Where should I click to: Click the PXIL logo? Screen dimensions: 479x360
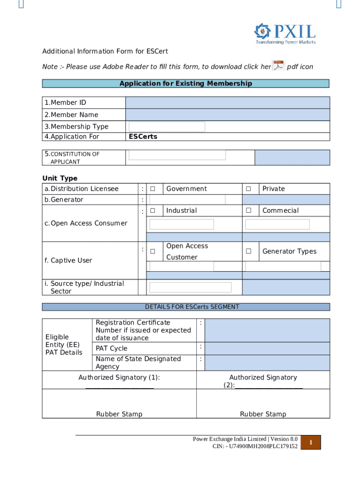[285, 33]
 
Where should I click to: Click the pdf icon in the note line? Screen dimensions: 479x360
[279, 66]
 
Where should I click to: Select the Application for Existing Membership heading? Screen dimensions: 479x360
[186, 84]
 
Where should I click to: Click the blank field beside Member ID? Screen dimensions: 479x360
[228, 102]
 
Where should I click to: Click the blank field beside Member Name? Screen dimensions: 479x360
[228, 115]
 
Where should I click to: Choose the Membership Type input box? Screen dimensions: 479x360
[167, 127]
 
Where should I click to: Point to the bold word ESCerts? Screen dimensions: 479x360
[143, 137]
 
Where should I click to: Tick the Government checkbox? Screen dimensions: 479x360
[153, 189]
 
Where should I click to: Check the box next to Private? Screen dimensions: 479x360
[249, 189]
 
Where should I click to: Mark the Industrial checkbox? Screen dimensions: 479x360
[153, 210]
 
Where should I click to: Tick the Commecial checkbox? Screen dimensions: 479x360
[249, 210]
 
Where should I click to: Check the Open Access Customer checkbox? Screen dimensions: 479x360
[153, 252]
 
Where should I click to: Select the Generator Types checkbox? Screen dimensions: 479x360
[249, 252]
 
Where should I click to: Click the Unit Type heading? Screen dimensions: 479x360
[60, 178]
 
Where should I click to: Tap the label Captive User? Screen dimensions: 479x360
[69, 261]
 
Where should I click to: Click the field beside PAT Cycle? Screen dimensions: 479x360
[267, 348]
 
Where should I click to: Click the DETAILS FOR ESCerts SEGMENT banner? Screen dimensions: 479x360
[186, 307]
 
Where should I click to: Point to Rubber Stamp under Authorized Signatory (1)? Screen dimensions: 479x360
[119, 414]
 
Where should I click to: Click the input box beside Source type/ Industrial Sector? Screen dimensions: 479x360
[190, 287]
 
